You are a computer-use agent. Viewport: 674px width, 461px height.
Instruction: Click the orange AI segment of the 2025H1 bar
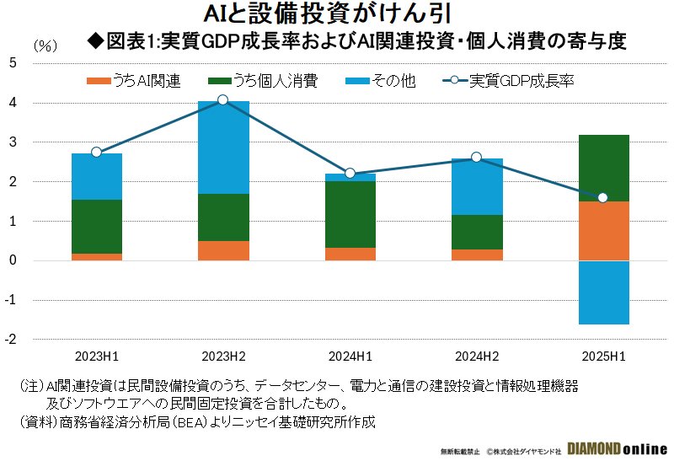(602, 231)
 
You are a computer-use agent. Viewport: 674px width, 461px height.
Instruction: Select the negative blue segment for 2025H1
(602, 292)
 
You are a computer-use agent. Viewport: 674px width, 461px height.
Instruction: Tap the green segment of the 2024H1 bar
(350, 214)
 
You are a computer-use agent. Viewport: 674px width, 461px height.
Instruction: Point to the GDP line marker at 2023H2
(222, 100)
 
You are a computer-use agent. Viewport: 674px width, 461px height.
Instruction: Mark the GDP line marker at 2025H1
(602, 198)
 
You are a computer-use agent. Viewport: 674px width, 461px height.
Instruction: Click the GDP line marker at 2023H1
(96, 153)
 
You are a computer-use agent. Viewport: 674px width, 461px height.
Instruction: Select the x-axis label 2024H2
(476, 355)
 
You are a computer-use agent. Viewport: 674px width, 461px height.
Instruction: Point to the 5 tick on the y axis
(13, 62)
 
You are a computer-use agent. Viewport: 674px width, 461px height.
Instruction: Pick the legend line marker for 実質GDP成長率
(454, 81)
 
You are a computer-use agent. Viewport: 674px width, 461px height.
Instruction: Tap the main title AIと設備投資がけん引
(336, 14)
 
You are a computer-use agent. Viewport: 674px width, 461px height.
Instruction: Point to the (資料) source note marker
(37, 421)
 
